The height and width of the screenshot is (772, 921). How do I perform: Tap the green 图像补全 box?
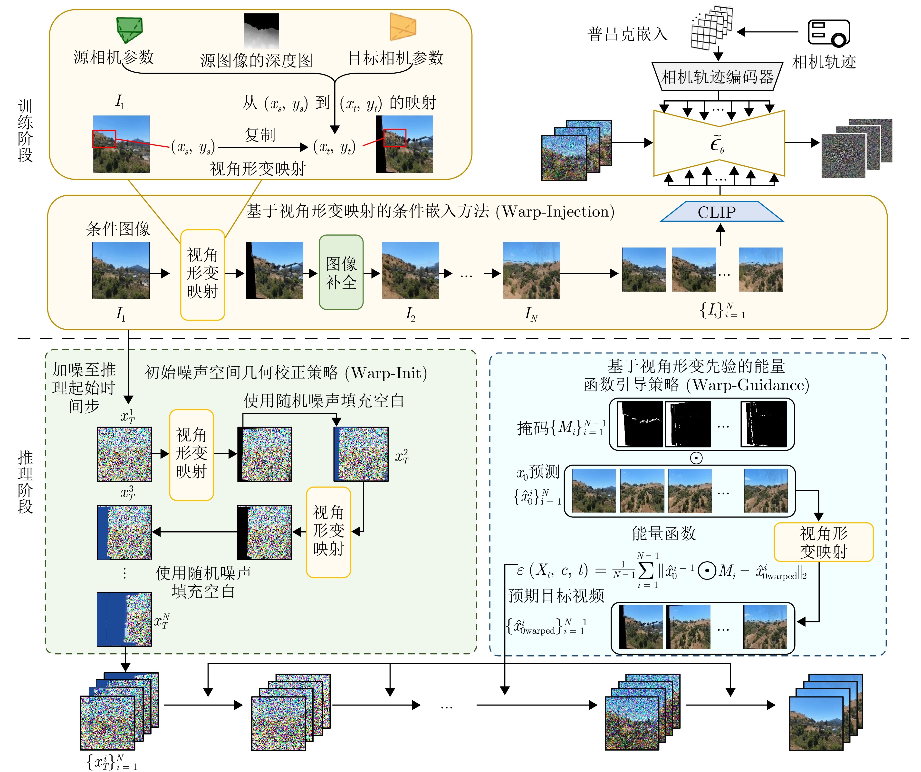point(341,272)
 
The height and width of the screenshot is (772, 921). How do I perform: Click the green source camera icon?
point(129,29)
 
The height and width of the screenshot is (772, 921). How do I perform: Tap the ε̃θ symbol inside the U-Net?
point(718,144)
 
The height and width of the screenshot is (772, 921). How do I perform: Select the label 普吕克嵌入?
point(627,34)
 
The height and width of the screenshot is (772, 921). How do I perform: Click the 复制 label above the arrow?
point(260,134)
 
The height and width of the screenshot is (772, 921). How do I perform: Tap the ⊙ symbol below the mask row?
point(696,458)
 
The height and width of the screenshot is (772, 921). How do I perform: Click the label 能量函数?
point(663,534)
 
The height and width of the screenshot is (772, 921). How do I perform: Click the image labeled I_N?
point(531,270)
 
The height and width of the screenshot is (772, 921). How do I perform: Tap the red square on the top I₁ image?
point(104,139)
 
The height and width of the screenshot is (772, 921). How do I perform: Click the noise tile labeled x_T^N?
point(124,619)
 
